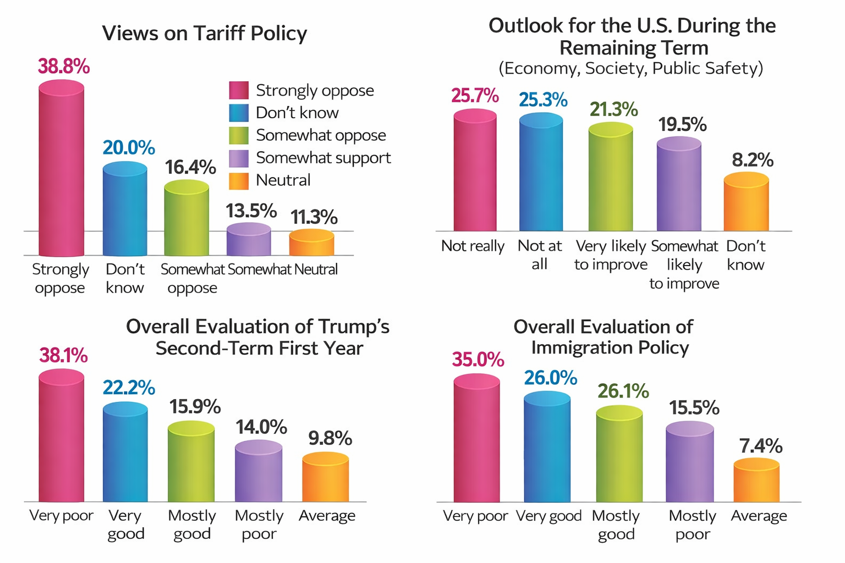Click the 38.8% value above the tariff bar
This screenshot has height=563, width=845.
63,67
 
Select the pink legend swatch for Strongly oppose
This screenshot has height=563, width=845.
239,90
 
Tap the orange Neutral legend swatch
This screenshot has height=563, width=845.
239,180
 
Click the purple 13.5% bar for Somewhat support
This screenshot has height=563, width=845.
249,240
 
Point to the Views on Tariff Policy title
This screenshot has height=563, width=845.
204,34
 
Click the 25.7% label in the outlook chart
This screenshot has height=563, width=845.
475,96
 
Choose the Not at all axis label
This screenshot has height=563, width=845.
540,255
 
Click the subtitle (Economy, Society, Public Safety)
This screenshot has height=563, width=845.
630,68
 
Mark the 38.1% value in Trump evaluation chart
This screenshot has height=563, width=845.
63,356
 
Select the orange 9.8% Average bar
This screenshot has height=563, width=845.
325,478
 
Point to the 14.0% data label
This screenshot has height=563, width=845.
261,427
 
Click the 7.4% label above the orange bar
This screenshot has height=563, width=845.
760,446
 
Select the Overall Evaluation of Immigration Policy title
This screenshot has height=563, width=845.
604,337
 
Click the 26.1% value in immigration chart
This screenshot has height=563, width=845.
623,391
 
